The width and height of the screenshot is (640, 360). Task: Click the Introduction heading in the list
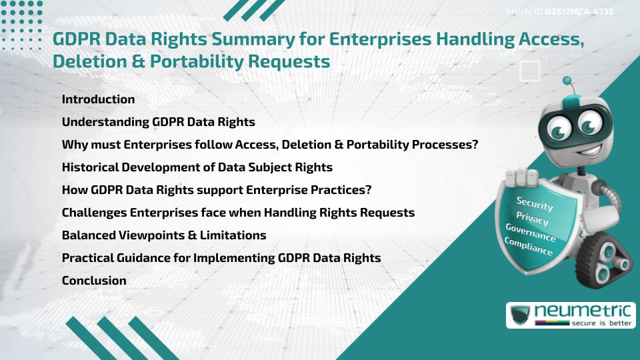point(98,99)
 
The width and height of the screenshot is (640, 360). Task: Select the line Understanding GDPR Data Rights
point(158,123)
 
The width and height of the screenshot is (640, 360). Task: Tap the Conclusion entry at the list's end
point(94,281)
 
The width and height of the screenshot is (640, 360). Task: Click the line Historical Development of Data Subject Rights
point(197,167)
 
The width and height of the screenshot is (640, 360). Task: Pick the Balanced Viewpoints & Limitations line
point(164,235)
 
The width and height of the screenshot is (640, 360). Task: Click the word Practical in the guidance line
point(87,258)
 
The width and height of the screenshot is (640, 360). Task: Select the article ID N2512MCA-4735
point(579,11)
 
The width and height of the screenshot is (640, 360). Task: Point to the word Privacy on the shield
point(532,219)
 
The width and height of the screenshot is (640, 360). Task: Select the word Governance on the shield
point(530,233)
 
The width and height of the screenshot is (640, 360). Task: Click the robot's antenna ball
point(567,81)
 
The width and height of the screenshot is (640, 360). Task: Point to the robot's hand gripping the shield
point(521,178)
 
